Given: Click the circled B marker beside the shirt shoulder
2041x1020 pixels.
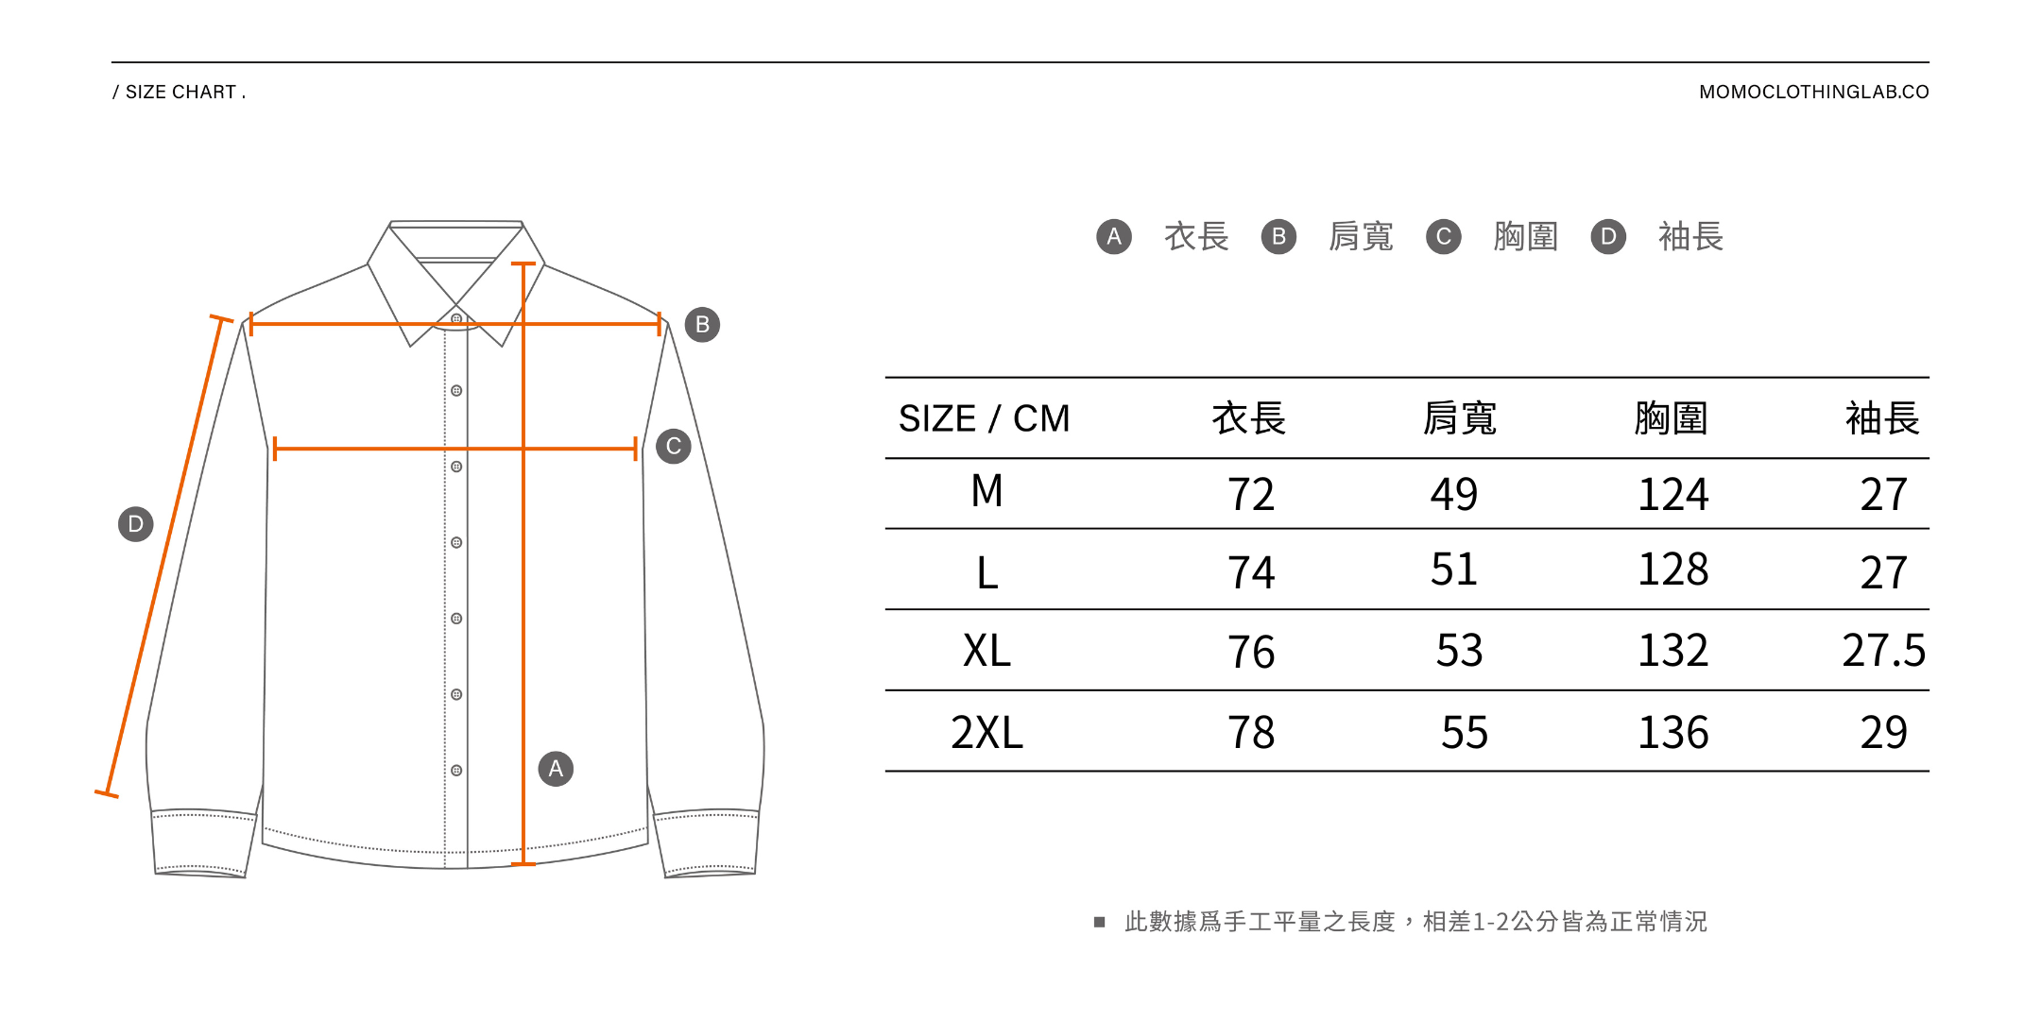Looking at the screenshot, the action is (x=702, y=325).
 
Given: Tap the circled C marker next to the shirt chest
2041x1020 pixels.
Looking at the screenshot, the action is (x=674, y=447).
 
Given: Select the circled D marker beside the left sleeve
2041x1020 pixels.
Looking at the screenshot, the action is (x=136, y=524).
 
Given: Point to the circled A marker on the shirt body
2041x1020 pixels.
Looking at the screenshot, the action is (x=556, y=769).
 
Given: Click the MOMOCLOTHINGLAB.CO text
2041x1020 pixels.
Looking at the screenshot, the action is (x=1813, y=93).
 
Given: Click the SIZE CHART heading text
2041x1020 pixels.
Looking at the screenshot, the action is (x=180, y=93).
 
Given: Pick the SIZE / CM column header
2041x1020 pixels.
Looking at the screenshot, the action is (x=984, y=418).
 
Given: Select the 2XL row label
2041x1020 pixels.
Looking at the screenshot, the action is (x=986, y=733).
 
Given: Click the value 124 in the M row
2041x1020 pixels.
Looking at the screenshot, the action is (x=1672, y=495).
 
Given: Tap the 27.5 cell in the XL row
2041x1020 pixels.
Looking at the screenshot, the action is (x=1883, y=651).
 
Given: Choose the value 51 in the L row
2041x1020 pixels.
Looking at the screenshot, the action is (x=1453, y=569).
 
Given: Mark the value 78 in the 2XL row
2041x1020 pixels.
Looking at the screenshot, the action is (x=1250, y=733).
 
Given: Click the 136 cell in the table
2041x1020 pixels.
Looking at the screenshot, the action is (x=1672, y=733).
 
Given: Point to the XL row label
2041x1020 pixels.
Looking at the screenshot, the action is (x=986, y=651).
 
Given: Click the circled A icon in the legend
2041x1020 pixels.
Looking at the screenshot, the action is (x=1114, y=236).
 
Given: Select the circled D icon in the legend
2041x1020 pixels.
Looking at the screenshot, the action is (x=1608, y=236).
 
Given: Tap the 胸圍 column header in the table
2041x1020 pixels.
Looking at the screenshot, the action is (x=1671, y=418).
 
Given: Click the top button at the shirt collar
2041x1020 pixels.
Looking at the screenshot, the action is (x=456, y=319).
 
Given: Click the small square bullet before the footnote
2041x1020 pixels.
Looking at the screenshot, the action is (x=1099, y=922).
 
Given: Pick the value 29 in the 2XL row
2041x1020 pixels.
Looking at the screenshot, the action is (x=1883, y=733).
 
